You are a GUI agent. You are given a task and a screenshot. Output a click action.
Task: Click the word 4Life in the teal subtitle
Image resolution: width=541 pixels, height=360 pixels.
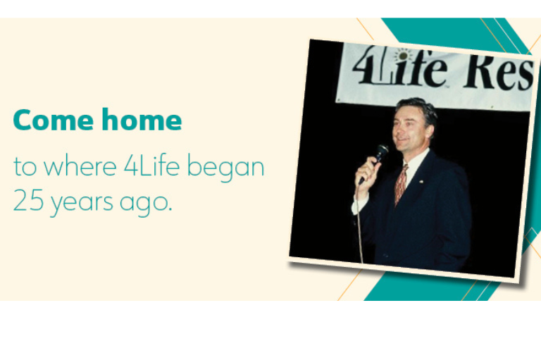[152, 166]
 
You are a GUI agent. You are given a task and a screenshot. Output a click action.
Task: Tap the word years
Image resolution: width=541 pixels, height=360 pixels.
[82, 204]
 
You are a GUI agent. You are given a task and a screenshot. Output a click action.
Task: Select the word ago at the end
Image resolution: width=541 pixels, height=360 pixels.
[145, 205]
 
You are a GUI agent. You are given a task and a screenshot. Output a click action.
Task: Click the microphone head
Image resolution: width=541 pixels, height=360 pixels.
[382, 150]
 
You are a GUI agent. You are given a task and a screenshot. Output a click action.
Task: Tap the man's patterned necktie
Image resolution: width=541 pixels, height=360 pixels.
[401, 184]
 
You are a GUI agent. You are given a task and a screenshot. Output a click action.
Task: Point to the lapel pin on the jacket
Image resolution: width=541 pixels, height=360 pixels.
[422, 181]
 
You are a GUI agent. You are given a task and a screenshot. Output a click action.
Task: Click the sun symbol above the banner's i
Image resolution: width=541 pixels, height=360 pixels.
[403, 55]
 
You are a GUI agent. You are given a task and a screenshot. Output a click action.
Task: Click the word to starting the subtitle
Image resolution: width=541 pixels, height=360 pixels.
[25, 166]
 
